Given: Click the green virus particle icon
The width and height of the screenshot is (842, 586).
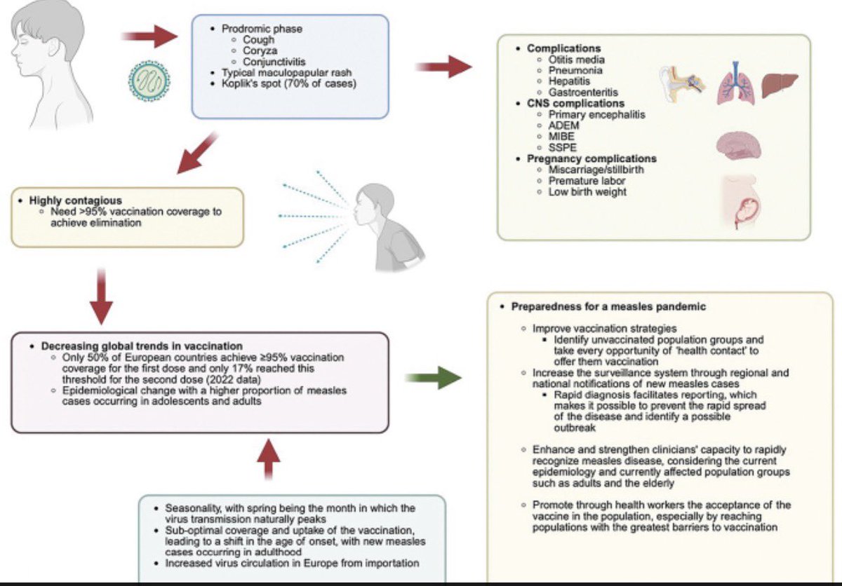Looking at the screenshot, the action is pos(149,81).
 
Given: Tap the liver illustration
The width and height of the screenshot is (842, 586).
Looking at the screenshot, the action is pos(780,86).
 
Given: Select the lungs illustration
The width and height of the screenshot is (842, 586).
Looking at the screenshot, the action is pos(735,85).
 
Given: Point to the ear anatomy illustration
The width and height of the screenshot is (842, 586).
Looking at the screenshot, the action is pos(682,84).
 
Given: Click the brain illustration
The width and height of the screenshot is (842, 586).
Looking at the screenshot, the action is pos(739,145).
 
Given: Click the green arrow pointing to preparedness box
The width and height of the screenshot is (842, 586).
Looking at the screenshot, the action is pos(434,377).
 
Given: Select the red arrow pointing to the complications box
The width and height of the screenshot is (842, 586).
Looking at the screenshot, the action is pos(443,67).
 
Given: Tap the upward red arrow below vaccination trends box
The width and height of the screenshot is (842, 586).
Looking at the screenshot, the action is pos(268,458).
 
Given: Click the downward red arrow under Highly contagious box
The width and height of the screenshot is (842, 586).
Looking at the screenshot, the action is pos(101,297).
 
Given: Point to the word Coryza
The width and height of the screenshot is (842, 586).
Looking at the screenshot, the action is pos(260,50).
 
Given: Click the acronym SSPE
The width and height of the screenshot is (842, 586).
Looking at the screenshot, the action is pos(562,147).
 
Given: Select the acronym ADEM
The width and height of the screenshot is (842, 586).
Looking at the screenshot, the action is pos(563,125).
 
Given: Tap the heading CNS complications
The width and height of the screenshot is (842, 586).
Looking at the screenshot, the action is pos(575,103).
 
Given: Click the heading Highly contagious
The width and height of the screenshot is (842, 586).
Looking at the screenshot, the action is pos(76,200).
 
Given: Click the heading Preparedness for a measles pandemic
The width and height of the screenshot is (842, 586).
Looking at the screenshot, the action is pos(608,307).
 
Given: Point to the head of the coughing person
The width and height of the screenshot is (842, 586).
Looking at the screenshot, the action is pos(373,204).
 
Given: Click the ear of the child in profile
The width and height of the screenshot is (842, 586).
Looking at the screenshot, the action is pos(55,47).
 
